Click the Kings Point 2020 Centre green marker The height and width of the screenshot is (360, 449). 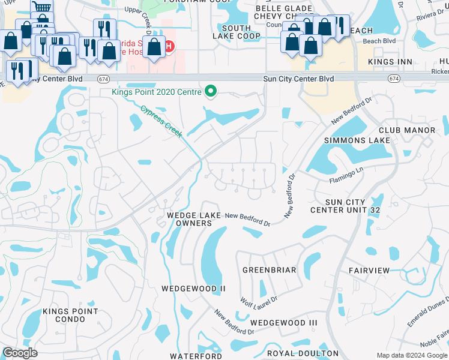(x=210, y=92)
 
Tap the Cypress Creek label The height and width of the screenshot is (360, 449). (x=161, y=121)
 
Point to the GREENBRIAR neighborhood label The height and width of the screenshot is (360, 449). (x=270, y=270)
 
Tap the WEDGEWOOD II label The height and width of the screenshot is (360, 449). (x=193, y=289)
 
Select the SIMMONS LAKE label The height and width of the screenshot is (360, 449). (x=357, y=140)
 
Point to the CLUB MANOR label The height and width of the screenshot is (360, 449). (x=406, y=130)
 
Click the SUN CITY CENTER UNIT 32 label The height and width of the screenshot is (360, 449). (x=353, y=206)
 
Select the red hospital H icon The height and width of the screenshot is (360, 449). (x=169, y=46)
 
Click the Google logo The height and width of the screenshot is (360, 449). (x=20, y=353)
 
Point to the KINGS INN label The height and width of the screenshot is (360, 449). (x=393, y=62)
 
